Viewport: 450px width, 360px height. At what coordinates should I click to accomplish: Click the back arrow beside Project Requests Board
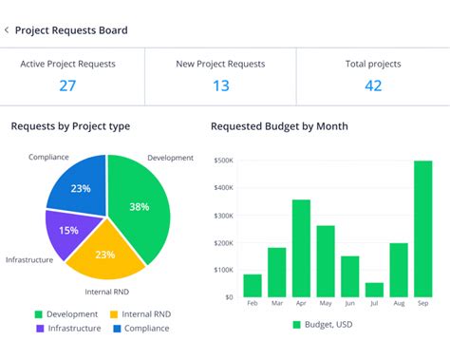[7, 30]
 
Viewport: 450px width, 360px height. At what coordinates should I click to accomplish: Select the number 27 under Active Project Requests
[67, 85]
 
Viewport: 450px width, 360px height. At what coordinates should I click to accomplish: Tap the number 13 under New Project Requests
[220, 85]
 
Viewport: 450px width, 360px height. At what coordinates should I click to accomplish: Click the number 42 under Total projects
[373, 85]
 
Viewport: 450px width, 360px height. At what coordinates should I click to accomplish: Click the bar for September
[422, 228]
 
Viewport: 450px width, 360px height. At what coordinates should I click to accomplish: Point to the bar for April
[301, 248]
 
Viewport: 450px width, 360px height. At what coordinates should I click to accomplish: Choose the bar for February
[253, 285]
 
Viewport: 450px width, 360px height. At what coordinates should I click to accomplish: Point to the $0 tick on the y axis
[229, 297]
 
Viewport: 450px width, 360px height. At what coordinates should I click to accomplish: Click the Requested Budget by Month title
[279, 126]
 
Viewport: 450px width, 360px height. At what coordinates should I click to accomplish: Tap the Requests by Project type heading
[70, 126]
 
